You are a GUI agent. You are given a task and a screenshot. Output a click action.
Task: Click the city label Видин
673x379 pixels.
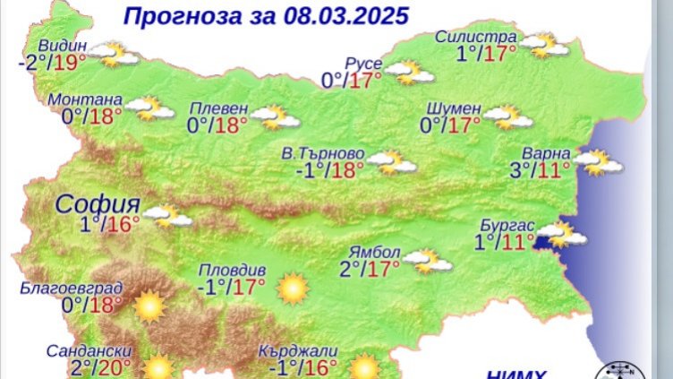point(63,46)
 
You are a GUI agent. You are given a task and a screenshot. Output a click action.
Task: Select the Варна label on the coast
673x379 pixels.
point(542,151)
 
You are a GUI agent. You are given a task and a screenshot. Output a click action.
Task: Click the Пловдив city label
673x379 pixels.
point(231,269)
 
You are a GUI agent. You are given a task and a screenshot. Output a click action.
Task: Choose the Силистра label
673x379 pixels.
point(476,37)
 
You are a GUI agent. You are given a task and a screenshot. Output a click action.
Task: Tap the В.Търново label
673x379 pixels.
point(322,152)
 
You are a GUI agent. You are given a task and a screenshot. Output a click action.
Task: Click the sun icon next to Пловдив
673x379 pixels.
point(292,289)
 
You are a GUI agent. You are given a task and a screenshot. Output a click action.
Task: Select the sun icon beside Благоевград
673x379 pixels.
point(149,307)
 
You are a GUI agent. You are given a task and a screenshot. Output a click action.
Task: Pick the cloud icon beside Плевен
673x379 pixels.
point(272,116)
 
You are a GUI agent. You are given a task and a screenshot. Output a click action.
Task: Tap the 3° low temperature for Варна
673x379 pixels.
point(518,170)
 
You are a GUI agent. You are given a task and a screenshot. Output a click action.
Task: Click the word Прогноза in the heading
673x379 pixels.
point(175,16)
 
